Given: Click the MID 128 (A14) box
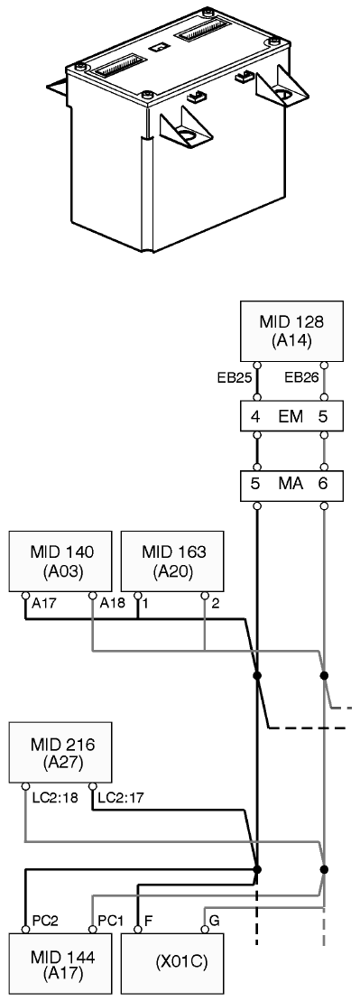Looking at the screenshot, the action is [291, 331].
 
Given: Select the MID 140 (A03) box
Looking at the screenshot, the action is [62, 561].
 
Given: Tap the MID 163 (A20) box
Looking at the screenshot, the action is [172, 561].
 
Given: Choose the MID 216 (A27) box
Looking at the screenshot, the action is [60, 752].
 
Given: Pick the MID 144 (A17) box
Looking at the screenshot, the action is [60, 964].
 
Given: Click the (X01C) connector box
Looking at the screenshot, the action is [172, 964].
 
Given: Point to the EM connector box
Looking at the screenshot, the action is [291, 417].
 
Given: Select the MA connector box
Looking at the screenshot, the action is [291, 485].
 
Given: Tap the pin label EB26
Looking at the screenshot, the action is [300, 377].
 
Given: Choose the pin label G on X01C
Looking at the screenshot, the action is [215, 921].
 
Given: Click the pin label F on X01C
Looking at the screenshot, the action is [148, 921].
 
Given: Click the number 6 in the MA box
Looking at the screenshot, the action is [323, 485].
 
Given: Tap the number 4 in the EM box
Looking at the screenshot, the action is [255, 417].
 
